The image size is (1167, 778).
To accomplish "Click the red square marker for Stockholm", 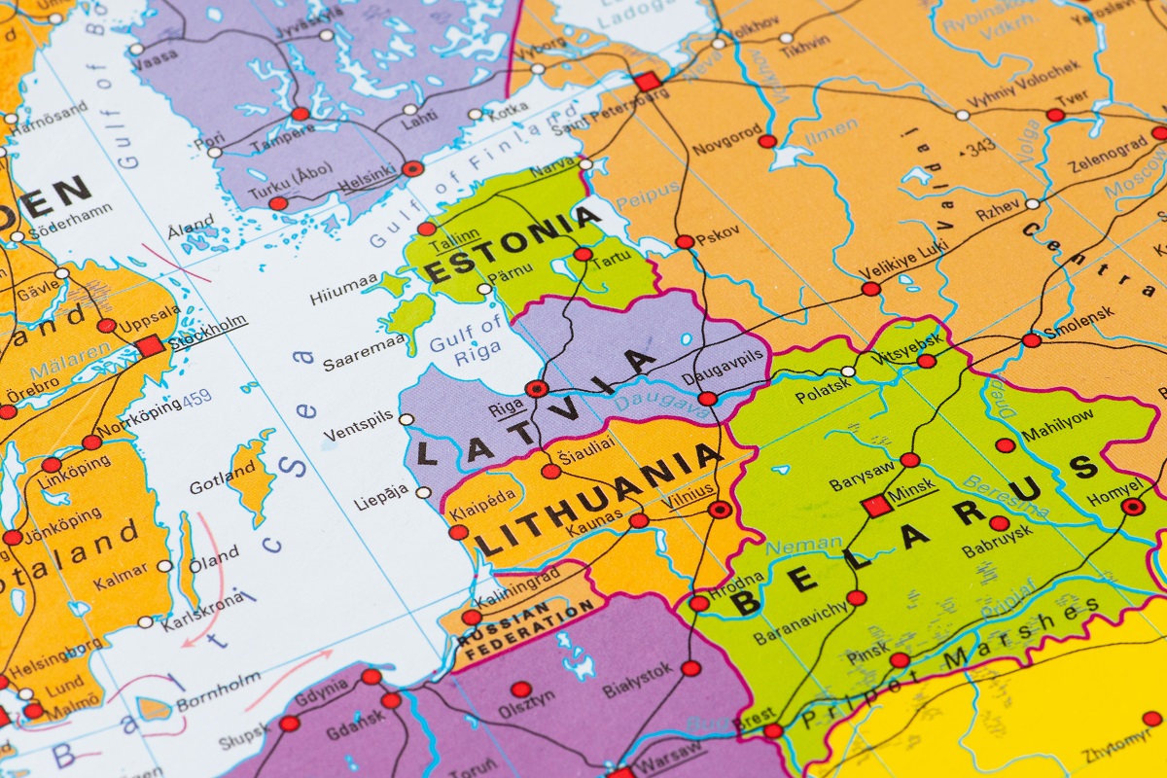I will point(150,346).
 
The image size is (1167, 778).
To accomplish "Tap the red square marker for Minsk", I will point(876,505).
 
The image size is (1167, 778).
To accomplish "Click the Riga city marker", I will point(536,388).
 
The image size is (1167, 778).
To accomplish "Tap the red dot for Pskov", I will point(685,241).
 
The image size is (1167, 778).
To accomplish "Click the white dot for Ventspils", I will point(407,419).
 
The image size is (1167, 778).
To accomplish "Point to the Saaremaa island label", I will point(351,353).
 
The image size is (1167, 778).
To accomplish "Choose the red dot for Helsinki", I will point(413,168).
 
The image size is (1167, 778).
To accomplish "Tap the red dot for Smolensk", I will point(1031,339).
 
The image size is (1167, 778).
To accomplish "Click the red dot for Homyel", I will point(1132,506).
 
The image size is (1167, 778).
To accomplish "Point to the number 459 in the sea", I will point(195,398).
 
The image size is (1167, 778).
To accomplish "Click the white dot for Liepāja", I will point(423,493).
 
